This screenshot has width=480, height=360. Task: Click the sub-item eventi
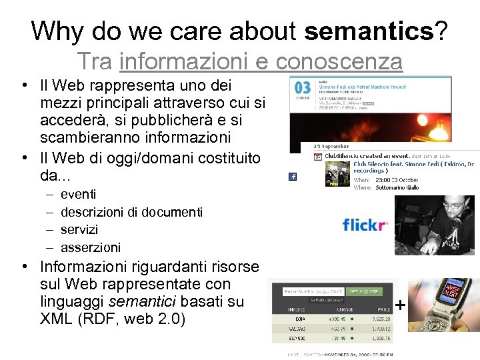coord(78,195)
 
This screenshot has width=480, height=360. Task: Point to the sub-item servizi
coord(79,229)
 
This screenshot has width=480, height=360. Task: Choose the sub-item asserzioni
coord(91,247)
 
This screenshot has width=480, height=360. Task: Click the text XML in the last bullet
coord(56,318)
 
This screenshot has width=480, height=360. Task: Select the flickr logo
coord(364,225)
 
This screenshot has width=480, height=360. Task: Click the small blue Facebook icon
coord(292,177)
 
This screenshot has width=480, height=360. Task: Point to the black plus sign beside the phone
coord(400,305)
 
